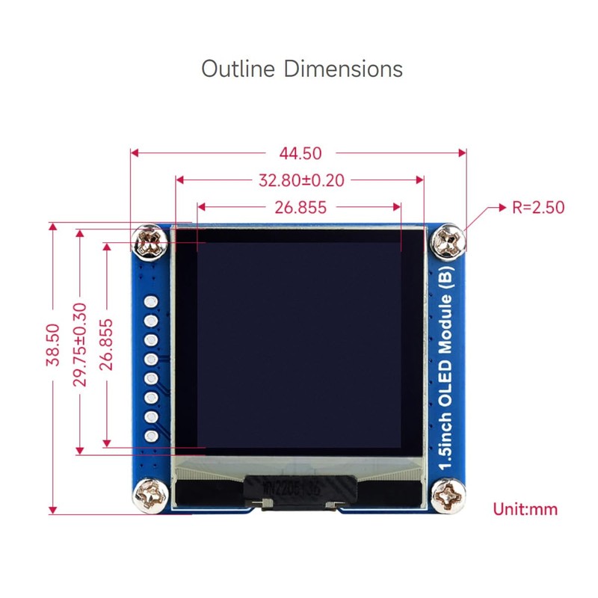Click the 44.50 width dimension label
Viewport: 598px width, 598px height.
pos(300,153)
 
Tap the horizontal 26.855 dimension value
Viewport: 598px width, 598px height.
pos(300,207)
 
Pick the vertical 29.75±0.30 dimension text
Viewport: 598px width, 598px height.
pos(80,345)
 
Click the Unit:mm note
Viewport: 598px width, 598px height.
pos(525,510)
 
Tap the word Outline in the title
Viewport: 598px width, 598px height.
pos(238,69)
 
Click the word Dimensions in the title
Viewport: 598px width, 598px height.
pos(343,69)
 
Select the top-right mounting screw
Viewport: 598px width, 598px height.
pos(450,242)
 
